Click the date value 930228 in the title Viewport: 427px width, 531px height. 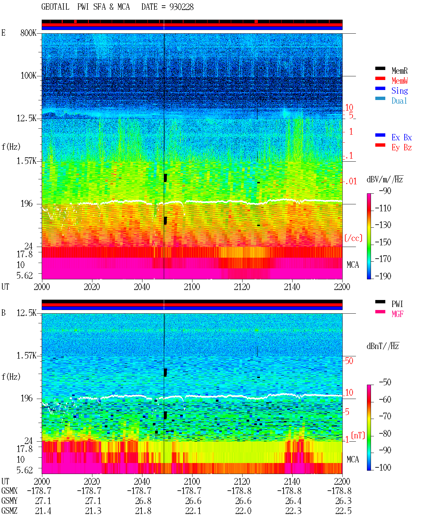click(x=181, y=7)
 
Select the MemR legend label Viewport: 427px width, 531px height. click(x=399, y=71)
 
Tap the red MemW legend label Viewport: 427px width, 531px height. click(x=399, y=81)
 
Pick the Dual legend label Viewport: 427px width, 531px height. click(x=399, y=101)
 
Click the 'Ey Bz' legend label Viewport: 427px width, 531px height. click(x=401, y=147)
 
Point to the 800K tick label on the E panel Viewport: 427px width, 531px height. click(x=28, y=33)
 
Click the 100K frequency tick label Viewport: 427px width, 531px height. click(x=28, y=76)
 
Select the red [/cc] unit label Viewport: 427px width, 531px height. click(x=353, y=238)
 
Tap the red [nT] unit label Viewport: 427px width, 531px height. click(x=358, y=435)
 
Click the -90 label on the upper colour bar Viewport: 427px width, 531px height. click(x=385, y=191)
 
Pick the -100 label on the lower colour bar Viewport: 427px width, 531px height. click(x=383, y=467)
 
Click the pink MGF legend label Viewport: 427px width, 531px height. click(x=397, y=314)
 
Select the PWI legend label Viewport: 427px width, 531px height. click(x=397, y=304)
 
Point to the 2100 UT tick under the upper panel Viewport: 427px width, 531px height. click(x=192, y=287)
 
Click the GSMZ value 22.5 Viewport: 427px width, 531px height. click(x=343, y=511)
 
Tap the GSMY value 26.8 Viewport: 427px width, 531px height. click(x=143, y=501)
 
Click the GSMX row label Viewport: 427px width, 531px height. click(x=9, y=491)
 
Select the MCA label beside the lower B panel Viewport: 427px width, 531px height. click(x=353, y=459)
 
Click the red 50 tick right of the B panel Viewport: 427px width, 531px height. click(x=349, y=361)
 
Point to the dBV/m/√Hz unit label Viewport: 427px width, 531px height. click(x=385, y=179)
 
